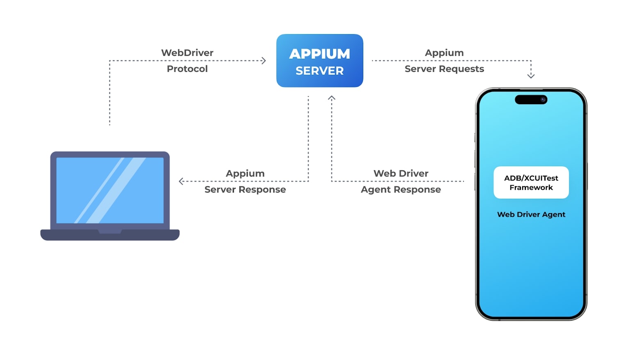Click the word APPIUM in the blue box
[x=319, y=54]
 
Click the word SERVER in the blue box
[x=319, y=71]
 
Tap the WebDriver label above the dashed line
[x=187, y=53]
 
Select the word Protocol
[x=187, y=69]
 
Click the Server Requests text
[x=444, y=69]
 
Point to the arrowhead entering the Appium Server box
[x=264, y=61]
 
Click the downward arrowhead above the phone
[x=531, y=76]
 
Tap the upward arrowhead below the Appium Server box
[x=332, y=98]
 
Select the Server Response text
[x=245, y=189]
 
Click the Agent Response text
[x=401, y=189]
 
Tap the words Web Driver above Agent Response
[x=401, y=173]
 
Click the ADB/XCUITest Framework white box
[x=531, y=182]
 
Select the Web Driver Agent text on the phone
[x=531, y=214]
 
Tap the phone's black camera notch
[x=531, y=99]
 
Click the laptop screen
[x=110, y=190]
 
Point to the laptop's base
[x=110, y=235]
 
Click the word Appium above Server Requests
[x=444, y=53]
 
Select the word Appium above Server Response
[x=245, y=173]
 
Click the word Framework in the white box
[x=531, y=188]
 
